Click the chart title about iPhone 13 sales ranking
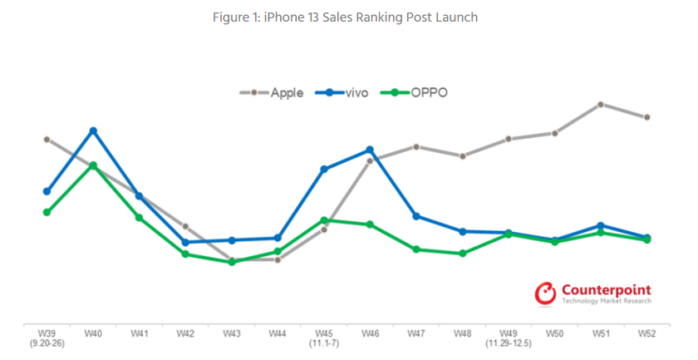348,17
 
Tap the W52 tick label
646,333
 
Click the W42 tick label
185,333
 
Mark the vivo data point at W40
93,131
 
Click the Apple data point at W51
600,104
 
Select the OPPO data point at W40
93,165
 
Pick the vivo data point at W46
370,150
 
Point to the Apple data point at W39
47,139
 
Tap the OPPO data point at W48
462,253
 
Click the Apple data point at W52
646,117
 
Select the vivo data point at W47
416,216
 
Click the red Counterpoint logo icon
545,293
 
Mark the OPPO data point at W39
47,212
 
